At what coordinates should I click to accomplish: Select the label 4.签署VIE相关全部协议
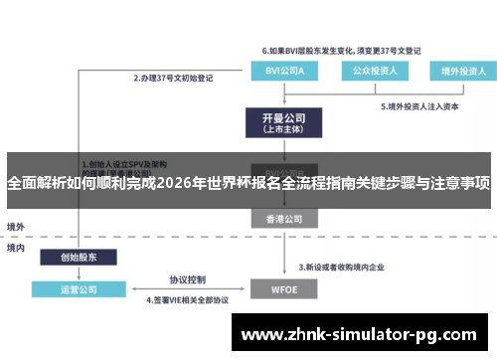188,299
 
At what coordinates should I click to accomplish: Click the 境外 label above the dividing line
17,226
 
